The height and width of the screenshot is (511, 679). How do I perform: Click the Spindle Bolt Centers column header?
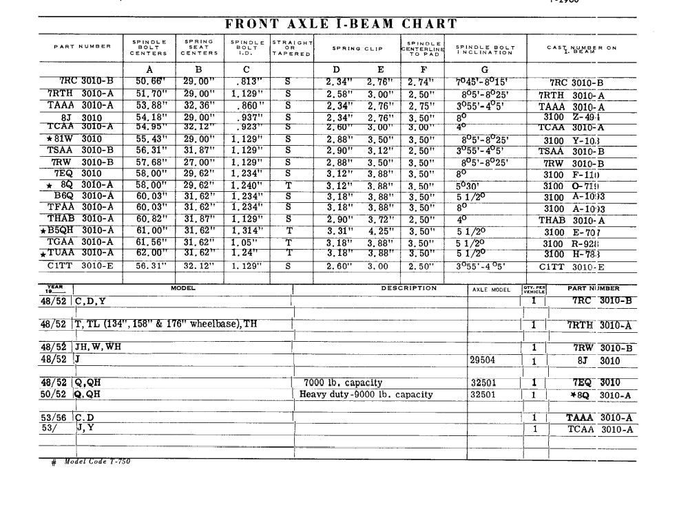(x=149, y=47)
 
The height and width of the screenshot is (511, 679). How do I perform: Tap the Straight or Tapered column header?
(x=292, y=47)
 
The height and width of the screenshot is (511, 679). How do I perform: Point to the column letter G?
(x=485, y=69)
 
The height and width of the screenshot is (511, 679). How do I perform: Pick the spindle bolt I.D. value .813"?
(x=247, y=82)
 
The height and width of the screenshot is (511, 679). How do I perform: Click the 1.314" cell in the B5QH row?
(x=247, y=230)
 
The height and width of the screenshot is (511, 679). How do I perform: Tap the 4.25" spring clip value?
(x=381, y=230)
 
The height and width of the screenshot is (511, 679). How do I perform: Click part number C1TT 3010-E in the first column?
(x=79, y=266)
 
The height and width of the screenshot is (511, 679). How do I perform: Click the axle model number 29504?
(x=482, y=360)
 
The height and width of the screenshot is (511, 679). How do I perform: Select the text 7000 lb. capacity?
(x=343, y=382)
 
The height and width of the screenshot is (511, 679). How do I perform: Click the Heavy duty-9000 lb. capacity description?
(x=366, y=395)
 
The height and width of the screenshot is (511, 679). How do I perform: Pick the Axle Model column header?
(x=491, y=290)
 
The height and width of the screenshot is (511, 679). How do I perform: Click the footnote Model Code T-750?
(x=96, y=461)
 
